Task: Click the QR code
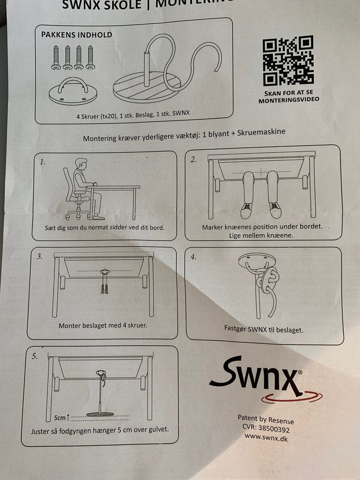coord(288,61)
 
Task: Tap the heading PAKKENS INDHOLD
coord(77,35)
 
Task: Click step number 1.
coord(43,162)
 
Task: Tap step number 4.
coord(193,257)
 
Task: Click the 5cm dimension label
coord(60,418)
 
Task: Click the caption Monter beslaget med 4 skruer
coord(103,325)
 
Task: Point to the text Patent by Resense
coord(266,419)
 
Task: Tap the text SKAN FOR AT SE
coord(288,93)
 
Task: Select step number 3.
coord(40,256)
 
